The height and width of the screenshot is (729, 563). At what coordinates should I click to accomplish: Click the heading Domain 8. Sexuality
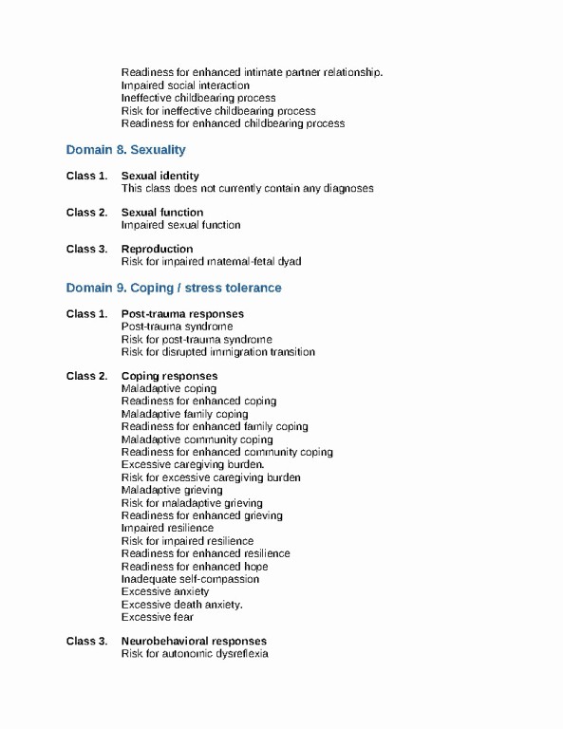tap(125, 150)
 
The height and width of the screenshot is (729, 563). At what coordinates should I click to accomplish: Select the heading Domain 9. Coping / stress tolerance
tap(174, 288)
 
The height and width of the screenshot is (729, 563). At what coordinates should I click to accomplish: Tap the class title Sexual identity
tap(160, 176)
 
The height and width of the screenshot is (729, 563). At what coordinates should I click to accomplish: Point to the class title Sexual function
tap(161, 213)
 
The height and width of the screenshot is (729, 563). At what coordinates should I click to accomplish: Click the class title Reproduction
tap(157, 250)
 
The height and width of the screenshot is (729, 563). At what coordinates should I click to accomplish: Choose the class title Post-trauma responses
tap(182, 314)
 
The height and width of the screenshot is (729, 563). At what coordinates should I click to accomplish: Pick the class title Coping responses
tap(169, 377)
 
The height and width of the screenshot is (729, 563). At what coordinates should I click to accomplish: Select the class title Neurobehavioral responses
tap(194, 642)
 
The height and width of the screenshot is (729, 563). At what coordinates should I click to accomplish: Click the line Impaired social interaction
tap(185, 85)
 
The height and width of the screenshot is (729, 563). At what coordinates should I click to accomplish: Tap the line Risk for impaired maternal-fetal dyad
tap(211, 262)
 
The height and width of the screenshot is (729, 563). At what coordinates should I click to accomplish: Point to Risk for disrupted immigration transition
tap(218, 352)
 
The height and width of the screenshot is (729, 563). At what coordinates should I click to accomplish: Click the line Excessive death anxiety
tap(182, 605)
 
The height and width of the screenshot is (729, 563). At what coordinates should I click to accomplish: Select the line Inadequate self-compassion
tap(190, 579)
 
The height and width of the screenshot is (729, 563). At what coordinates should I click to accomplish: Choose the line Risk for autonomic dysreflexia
tap(195, 654)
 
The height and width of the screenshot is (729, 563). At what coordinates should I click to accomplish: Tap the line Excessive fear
tap(158, 617)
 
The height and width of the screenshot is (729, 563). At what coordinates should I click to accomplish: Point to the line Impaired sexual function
tap(180, 225)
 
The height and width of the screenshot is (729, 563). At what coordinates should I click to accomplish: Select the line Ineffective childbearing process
tap(198, 98)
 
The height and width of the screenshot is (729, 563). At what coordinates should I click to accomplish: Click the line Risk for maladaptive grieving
tap(192, 503)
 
